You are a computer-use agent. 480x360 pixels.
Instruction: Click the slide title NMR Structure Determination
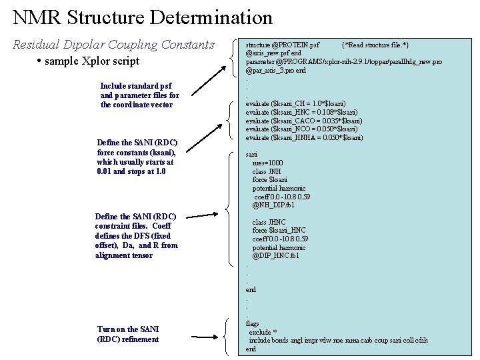(143, 17)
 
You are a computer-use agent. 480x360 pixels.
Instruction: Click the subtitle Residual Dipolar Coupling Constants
(114, 45)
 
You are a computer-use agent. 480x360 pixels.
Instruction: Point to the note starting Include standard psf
(139, 95)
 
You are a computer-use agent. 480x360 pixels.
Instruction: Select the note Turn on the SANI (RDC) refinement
(128, 334)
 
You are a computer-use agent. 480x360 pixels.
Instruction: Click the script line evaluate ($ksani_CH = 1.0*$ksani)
(295, 104)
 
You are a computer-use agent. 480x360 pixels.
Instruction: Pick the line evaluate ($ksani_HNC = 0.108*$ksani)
(301, 112)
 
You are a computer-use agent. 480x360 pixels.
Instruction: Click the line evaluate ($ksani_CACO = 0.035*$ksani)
(304, 121)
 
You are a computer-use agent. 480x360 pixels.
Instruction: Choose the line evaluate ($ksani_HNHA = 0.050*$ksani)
(304, 137)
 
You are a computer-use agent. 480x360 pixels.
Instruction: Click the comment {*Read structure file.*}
(375, 45)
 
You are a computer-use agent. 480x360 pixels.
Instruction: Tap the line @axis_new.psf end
(273, 53)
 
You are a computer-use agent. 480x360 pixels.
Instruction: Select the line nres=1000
(267, 163)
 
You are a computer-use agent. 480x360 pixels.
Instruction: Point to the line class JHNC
(269, 222)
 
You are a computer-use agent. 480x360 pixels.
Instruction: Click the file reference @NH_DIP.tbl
(273, 205)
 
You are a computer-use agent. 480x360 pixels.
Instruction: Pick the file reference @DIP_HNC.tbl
(275, 256)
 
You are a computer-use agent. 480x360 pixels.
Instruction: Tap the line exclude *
(263, 332)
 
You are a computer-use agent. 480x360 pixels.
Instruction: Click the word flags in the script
(253, 323)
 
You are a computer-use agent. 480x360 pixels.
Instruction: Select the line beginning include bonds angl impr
(338, 341)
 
